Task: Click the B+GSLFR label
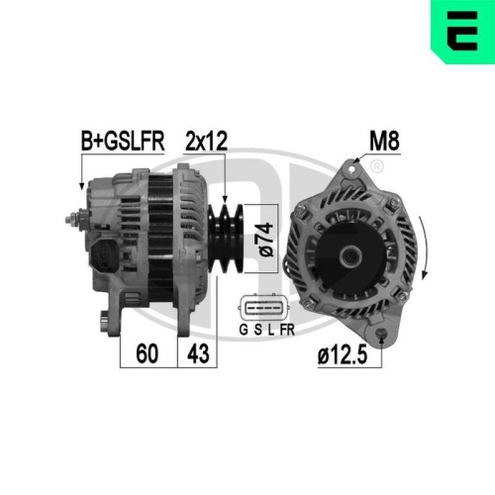pos(122,141)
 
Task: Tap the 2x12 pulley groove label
pos(206,141)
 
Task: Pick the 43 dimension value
pos(199,354)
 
